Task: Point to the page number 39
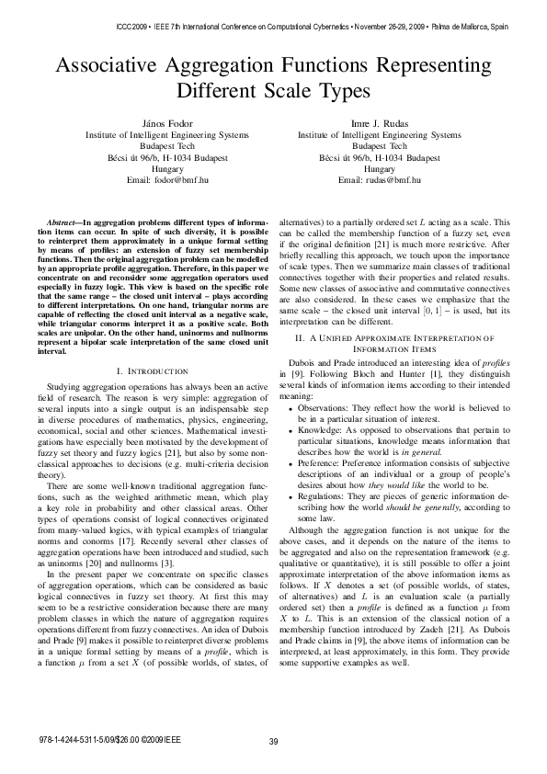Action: [273, 742]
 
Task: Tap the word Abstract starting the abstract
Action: [63, 223]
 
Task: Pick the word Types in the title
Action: [345, 93]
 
